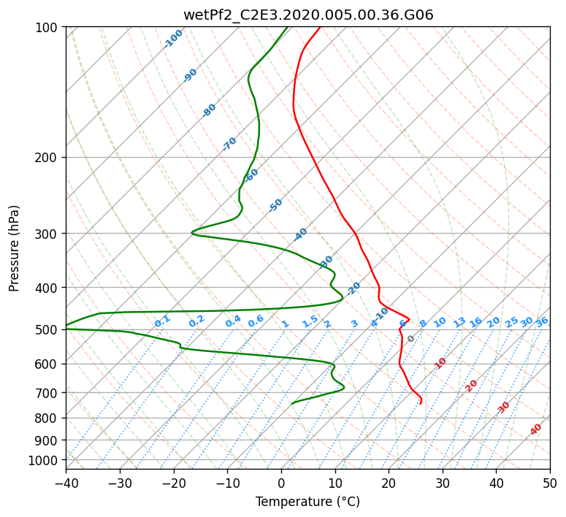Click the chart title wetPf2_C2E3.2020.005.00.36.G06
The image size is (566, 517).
[307, 15]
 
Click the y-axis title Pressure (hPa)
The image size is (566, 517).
[15, 248]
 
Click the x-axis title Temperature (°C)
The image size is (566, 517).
[307, 502]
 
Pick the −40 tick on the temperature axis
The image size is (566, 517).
[66, 483]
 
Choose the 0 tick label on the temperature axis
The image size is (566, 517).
[281, 483]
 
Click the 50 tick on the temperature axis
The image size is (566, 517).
[550, 483]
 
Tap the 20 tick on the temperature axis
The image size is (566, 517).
[389, 483]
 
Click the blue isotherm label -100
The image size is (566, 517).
[173, 39]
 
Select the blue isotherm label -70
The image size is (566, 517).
[229, 144]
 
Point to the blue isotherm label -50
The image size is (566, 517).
[275, 205]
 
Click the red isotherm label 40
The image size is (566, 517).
[536, 429]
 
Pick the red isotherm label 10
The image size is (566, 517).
[440, 363]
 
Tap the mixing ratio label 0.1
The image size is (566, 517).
[162, 321]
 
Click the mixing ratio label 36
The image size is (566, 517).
[542, 321]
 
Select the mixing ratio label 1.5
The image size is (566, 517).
[310, 321]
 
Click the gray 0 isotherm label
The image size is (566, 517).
[411, 339]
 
